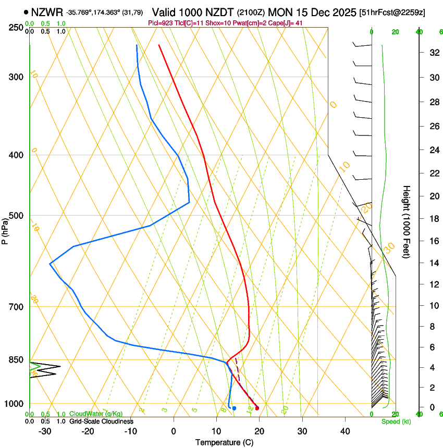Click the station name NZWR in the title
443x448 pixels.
tap(47, 12)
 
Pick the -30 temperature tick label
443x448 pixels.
tap(45, 431)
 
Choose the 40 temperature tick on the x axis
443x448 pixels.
tap(344, 431)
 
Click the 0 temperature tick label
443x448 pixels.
tap(174, 431)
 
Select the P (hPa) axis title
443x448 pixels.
tap(5, 230)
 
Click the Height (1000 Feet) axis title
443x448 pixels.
tap(407, 222)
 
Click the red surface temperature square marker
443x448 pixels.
tap(257, 408)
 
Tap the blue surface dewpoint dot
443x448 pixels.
tap(235, 408)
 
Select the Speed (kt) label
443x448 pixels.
tap(396, 421)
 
